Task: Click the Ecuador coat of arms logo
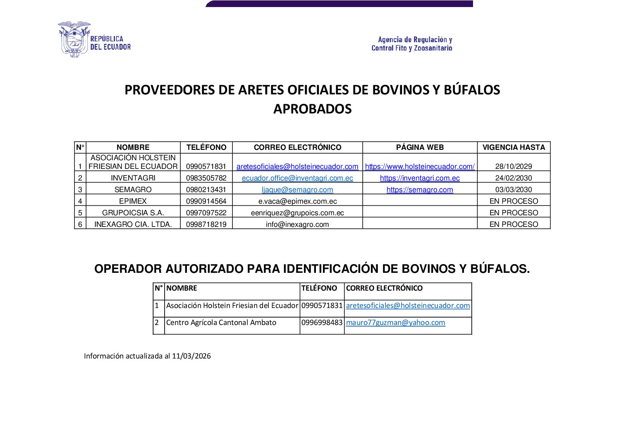tap(74, 39)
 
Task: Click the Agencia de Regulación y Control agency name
tap(412, 44)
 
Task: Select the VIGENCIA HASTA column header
tap(514, 147)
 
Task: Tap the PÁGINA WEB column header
tap(420, 147)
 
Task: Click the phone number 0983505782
tap(206, 178)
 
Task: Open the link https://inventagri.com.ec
tap(420, 178)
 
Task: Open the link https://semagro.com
tap(420, 190)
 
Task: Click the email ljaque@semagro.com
tap(297, 190)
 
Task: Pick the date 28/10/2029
tap(514, 166)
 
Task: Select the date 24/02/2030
tap(514, 178)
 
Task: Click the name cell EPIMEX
tap(133, 201)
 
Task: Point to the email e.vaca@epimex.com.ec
tap(297, 201)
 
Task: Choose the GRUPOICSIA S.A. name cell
tap(133, 213)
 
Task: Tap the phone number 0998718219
tap(206, 224)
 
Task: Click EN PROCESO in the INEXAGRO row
tap(514, 224)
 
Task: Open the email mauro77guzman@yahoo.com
tap(395, 322)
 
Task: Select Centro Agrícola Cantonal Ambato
tap(221, 322)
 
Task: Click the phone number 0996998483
tap(322, 322)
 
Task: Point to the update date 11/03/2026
tap(191, 356)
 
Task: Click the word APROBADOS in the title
tap(312, 109)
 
